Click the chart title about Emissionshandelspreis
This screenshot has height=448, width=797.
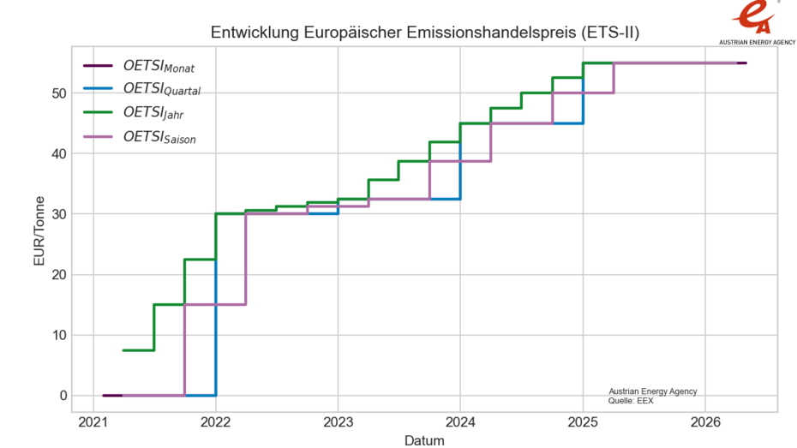pos(425,33)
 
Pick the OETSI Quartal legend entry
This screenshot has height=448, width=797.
pos(163,89)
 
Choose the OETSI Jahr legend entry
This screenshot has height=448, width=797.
pos(154,112)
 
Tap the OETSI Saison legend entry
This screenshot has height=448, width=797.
pos(160,136)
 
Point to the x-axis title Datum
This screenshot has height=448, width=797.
pos(424,440)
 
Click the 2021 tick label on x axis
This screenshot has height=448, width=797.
pos(93,421)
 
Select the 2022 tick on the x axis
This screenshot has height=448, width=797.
pos(215,421)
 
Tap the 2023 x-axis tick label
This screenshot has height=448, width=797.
pos(338,421)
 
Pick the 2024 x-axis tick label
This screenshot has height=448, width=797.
pos(460,421)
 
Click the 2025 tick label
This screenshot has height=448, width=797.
pos(583,421)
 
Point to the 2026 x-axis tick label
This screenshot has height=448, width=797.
pos(705,421)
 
